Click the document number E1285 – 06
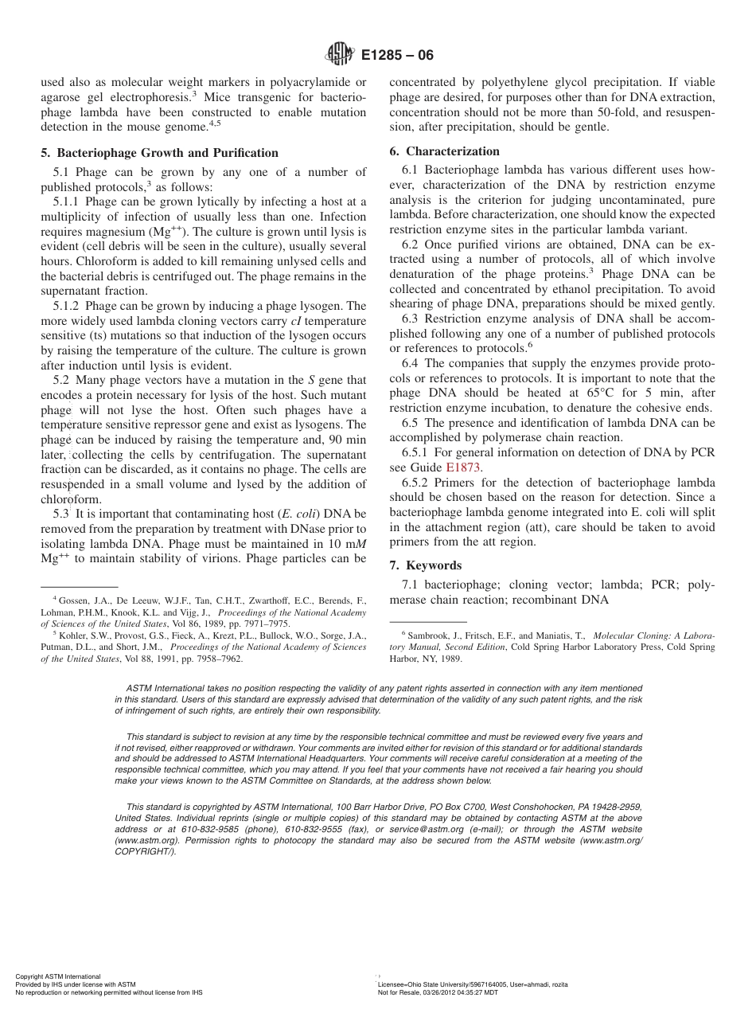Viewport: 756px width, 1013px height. tap(397, 56)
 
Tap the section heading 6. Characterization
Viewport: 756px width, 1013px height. tap(444, 151)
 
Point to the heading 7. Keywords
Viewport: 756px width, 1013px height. tap(425, 565)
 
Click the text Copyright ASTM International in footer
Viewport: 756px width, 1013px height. tap(58, 976)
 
